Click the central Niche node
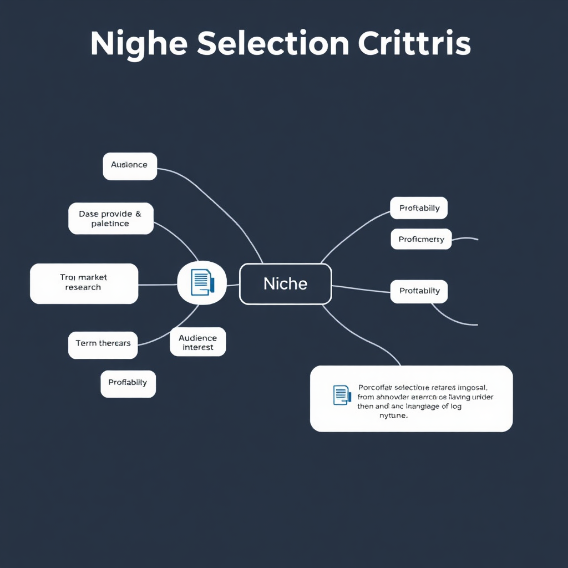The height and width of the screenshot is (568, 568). pos(285,284)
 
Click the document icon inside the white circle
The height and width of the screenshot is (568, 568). pos(201,282)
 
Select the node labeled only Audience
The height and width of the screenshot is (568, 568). pos(130,165)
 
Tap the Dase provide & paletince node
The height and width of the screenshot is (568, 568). pos(110,219)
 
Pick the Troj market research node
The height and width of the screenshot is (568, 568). pos(84,283)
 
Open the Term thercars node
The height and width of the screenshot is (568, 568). pos(103,343)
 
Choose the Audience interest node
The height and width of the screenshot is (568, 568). pos(197,342)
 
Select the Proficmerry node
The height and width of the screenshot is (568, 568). pos(421,240)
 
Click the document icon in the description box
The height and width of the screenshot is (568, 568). pos(342,394)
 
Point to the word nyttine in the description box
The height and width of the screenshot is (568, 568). pos(393,415)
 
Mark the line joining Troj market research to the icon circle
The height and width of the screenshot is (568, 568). pos(158,285)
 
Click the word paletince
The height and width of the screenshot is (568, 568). pos(110,224)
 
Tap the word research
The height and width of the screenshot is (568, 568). pos(83,287)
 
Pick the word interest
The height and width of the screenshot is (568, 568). pos(197,347)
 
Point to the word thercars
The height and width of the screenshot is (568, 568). pos(115,343)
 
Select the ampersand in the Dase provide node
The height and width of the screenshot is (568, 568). pos(138,214)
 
